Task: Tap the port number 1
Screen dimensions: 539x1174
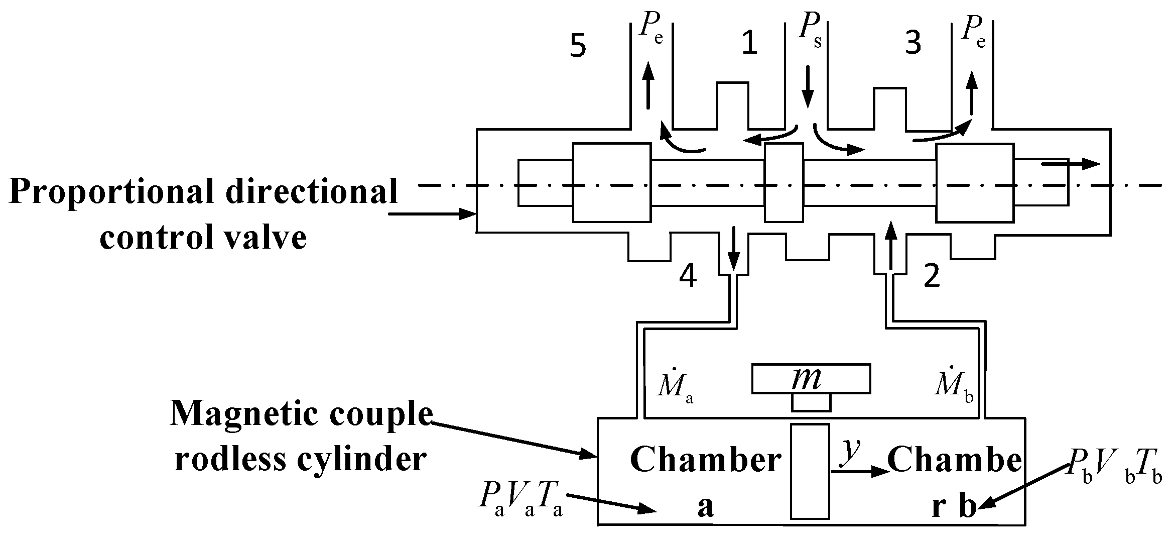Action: pyautogui.click(x=749, y=43)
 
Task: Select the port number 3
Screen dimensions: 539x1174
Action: pyautogui.click(x=912, y=43)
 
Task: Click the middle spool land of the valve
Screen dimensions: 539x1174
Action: pyautogui.click(x=784, y=182)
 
